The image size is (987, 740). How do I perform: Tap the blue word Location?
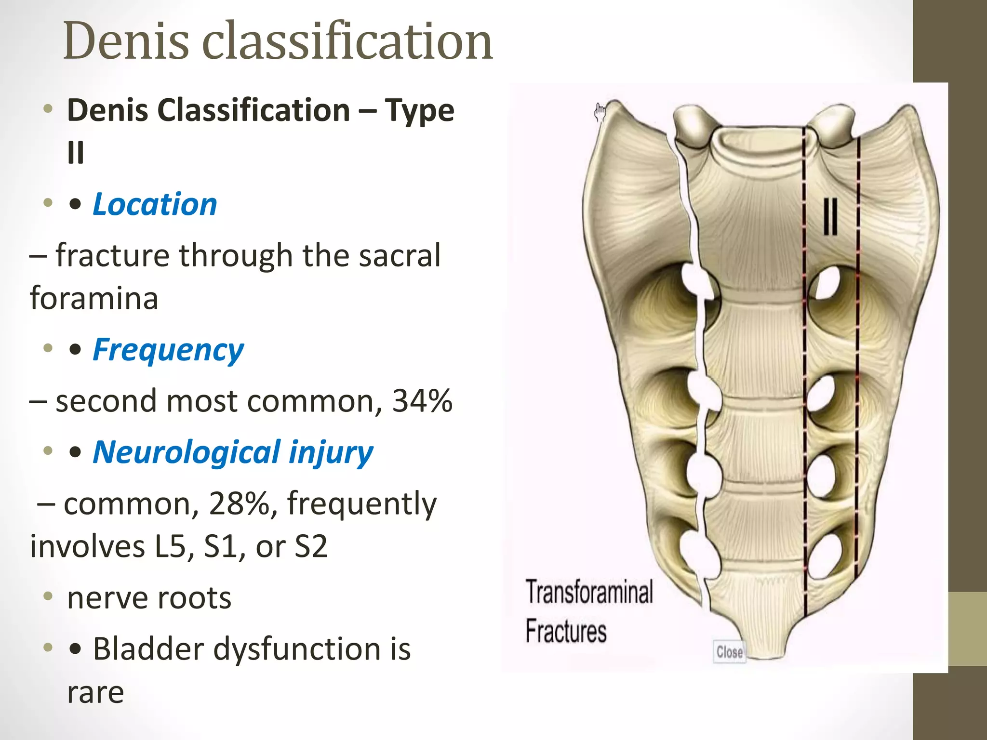[155, 204]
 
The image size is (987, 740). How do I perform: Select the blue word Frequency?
[168, 350]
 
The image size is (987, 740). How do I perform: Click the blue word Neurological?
[187, 453]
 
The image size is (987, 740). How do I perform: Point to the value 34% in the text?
[422, 401]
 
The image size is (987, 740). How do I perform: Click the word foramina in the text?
[94, 298]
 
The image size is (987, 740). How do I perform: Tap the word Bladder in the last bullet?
[148, 649]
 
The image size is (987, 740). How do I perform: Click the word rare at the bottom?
[95, 692]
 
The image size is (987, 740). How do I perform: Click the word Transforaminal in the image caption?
[589, 592]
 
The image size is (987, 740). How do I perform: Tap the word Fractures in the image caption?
[566, 631]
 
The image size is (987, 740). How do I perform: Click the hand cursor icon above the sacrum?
[600, 112]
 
